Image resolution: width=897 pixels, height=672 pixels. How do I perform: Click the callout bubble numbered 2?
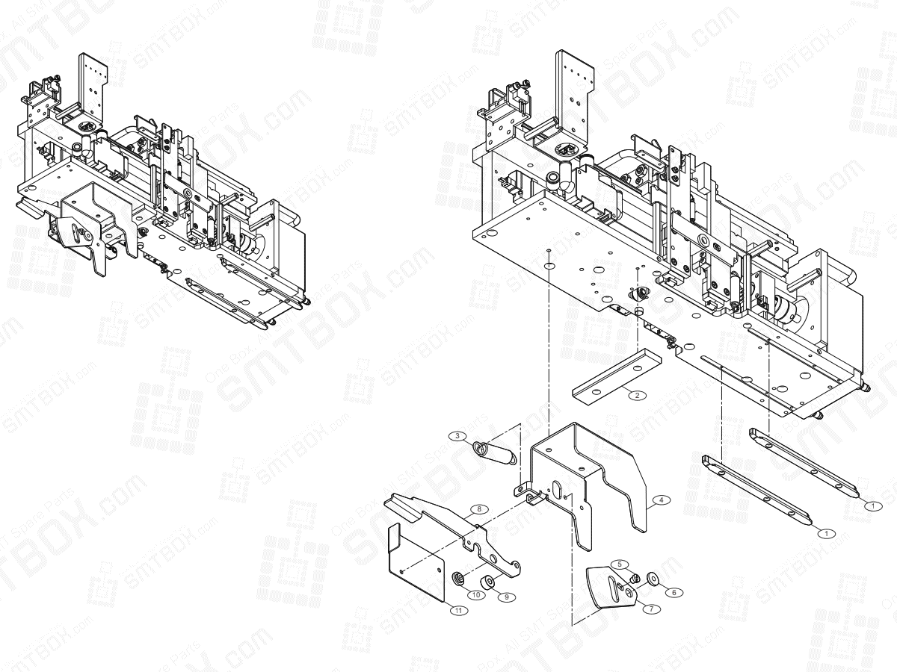pyautogui.click(x=636, y=395)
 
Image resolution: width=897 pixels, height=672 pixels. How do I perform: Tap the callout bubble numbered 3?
pyautogui.click(x=457, y=435)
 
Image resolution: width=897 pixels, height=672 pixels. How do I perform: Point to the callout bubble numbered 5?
pyautogui.click(x=620, y=564)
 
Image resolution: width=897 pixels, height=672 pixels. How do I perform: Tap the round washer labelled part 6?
pyautogui.click(x=653, y=576)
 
